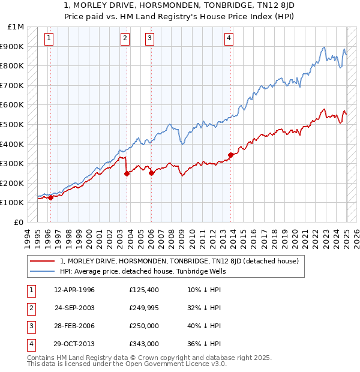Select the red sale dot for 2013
tap(231, 155)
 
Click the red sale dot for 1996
tap(51, 197)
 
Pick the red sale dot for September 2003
tap(127, 173)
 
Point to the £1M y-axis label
tap(16, 27)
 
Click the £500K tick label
tap(13, 124)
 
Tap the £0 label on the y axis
tap(19, 222)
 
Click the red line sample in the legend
tap(43, 261)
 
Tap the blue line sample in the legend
tap(43, 271)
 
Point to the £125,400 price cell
tap(144, 290)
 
